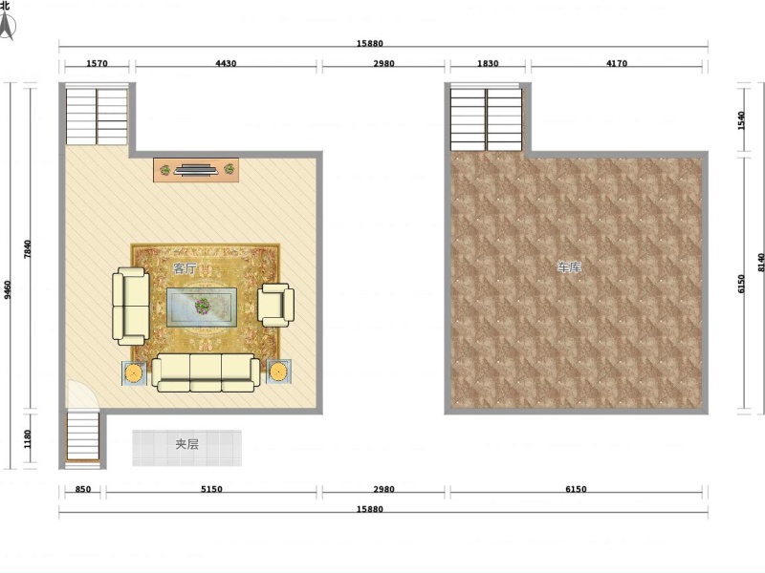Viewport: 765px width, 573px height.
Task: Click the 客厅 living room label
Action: [185, 268]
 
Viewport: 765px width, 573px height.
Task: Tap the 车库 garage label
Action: [569, 267]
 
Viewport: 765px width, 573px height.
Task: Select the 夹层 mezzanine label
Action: [186, 444]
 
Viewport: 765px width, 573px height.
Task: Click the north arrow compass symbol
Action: [7, 25]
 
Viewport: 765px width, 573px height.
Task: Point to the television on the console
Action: [196, 170]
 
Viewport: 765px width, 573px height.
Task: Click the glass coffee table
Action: [202, 307]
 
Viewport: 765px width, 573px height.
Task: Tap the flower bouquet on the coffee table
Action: [202, 306]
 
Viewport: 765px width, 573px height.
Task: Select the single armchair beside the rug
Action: [275, 305]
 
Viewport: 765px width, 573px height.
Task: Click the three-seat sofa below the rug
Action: [206, 372]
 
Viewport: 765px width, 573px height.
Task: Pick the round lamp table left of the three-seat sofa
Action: [134, 373]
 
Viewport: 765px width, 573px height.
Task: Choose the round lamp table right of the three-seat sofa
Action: [278, 371]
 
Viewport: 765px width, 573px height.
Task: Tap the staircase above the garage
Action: [487, 119]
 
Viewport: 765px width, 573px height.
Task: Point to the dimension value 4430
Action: [226, 63]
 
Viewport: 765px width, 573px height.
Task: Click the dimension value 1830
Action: [488, 63]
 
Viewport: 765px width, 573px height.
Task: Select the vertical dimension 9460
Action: [8, 289]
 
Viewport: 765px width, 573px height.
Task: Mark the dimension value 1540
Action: [741, 121]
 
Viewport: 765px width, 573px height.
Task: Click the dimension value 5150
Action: [211, 489]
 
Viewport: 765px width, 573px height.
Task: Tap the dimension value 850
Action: [83, 489]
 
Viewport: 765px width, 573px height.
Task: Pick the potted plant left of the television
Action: [165, 170]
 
